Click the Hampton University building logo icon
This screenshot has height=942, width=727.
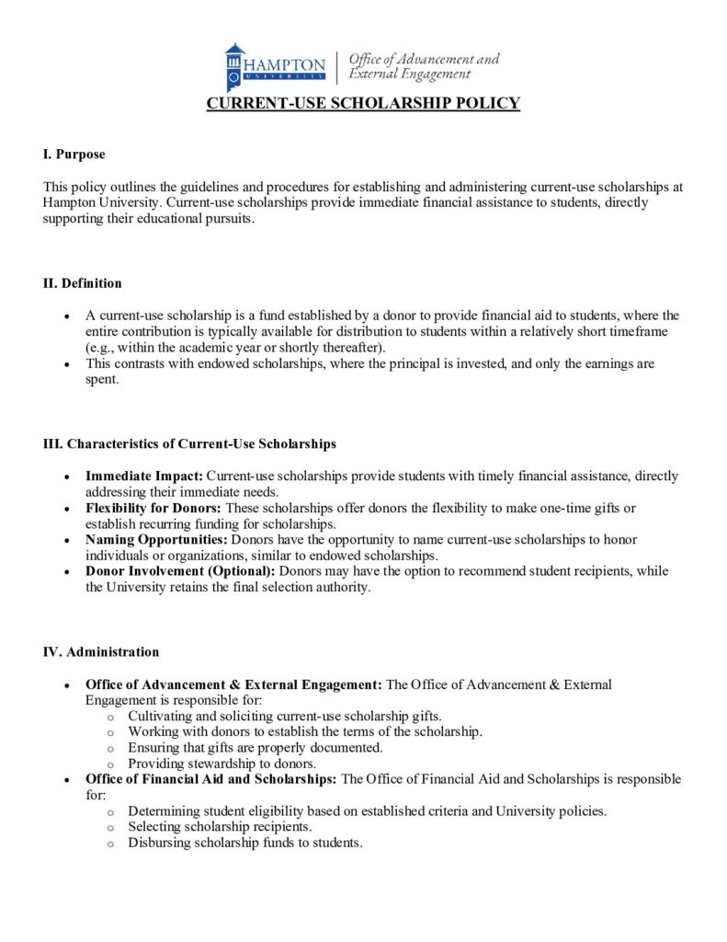click(x=235, y=66)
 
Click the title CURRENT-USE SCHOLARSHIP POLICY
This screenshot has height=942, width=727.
click(x=363, y=103)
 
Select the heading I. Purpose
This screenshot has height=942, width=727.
click(x=74, y=154)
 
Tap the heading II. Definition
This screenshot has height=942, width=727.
click(x=82, y=282)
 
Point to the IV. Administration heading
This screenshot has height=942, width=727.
click(x=101, y=651)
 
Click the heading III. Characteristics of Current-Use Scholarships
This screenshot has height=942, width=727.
click(x=189, y=443)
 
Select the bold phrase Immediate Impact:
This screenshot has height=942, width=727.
click(x=144, y=476)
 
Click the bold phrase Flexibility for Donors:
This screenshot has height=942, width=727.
click(x=153, y=508)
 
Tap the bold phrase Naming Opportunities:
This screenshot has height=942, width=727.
click(x=157, y=539)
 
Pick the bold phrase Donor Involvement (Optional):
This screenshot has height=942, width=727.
click(x=180, y=571)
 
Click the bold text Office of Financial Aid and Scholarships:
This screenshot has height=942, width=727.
click(x=211, y=779)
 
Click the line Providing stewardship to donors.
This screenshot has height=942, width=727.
click(x=222, y=764)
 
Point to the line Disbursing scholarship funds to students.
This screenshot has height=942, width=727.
click(x=245, y=843)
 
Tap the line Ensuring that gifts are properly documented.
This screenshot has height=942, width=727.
click(x=255, y=748)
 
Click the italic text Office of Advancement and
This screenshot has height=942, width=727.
click(x=425, y=59)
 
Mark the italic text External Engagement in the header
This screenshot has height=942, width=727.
click(x=409, y=75)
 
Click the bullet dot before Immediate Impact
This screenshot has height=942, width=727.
click(x=67, y=477)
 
